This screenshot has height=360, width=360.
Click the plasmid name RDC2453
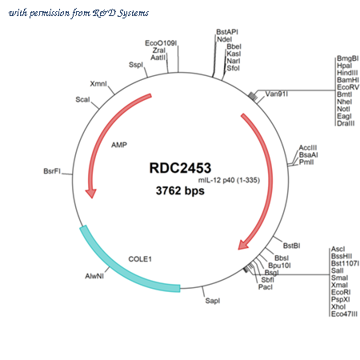click(x=180, y=168)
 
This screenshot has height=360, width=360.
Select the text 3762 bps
click(x=180, y=190)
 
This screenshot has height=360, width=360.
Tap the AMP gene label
click(x=119, y=145)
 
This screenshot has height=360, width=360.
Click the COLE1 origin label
click(x=140, y=259)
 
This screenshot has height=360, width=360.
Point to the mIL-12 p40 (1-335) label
click(x=229, y=180)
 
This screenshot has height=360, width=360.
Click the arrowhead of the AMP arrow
click(x=91, y=194)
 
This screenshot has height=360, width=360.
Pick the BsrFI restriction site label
click(x=52, y=171)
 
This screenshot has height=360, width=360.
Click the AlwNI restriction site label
click(x=94, y=276)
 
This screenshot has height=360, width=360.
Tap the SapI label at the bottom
click(x=213, y=301)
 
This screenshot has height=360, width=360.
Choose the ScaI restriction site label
click(x=82, y=99)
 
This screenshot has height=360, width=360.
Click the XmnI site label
click(x=98, y=84)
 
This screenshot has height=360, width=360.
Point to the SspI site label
click(x=136, y=65)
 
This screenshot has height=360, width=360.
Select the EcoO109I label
click(x=161, y=43)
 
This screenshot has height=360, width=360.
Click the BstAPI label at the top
click(x=227, y=32)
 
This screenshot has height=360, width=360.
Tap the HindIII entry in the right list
click(x=347, y=73)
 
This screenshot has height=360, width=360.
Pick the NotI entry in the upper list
click(x=343, y=109)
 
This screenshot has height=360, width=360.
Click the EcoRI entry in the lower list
click(x=341, y=292)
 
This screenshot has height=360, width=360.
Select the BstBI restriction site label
click(x=291, y=246)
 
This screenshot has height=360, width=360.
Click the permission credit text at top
click(x=78, y=13)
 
